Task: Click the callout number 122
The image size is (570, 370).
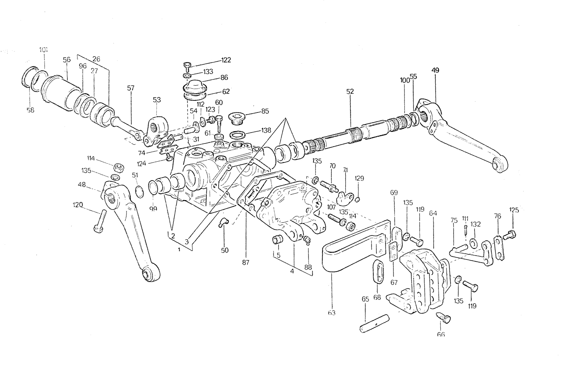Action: coord(226,60)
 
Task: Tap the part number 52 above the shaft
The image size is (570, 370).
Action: coord(350,91)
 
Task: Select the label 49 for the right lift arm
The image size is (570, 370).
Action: coord(435,70)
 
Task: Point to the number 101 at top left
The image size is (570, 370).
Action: coord(43,50)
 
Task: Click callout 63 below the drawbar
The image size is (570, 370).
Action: coord(332,313)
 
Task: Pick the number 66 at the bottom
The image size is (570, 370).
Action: coord(441,334)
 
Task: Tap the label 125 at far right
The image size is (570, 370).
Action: coord(514,210)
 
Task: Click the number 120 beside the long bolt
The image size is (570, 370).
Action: coord(78,205)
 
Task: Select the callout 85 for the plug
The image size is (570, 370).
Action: coord(265,111)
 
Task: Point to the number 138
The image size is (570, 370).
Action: coord(266,130)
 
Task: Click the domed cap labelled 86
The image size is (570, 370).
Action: coord(194,85)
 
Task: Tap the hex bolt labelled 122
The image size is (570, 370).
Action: coord(187,66)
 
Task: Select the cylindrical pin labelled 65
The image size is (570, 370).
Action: coord(374,323)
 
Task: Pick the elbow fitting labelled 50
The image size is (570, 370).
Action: coord(223,222)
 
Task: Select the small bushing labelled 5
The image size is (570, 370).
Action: coord(277,240)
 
